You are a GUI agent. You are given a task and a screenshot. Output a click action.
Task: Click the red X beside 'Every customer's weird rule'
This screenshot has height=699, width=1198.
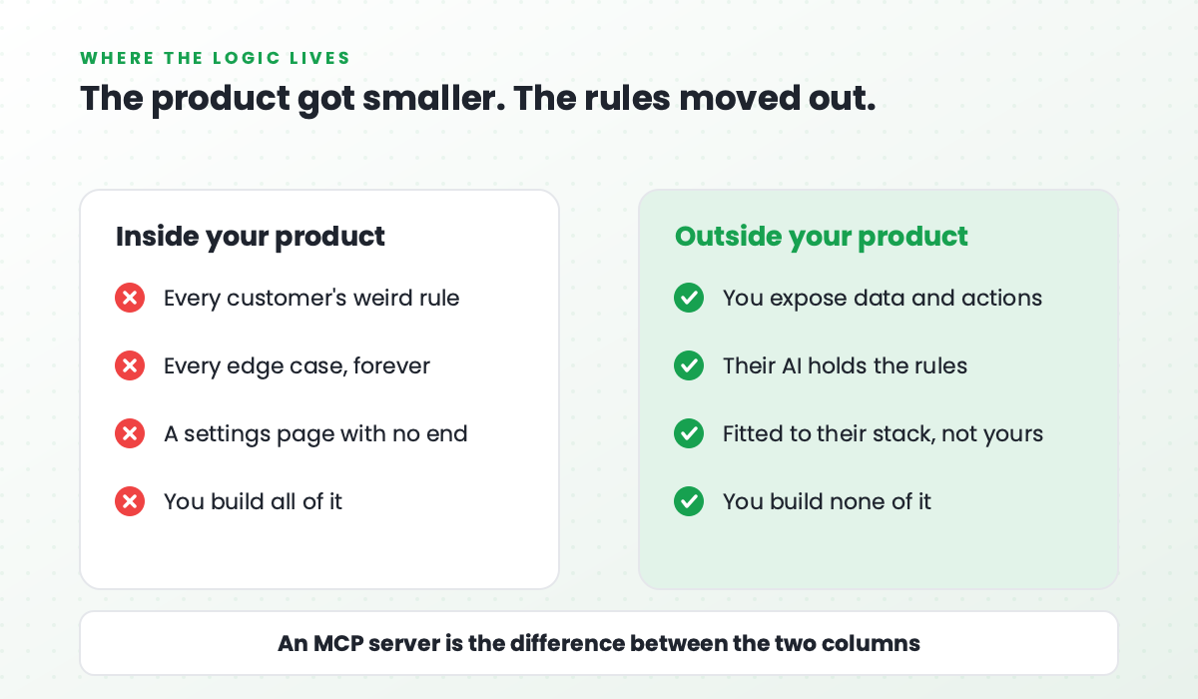pyautogui.click(x=130, y=298)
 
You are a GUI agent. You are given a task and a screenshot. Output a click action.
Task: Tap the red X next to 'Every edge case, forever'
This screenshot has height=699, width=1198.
pyautogui.click(x=130, y=365)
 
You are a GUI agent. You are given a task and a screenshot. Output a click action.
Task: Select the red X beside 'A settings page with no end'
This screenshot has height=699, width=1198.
pyautogui.click(x=130, y=433)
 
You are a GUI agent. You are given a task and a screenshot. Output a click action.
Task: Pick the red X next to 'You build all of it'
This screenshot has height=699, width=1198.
pyautogui.click(x=130, y=501)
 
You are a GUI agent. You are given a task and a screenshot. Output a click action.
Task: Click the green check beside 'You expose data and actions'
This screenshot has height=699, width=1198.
pyautogui.click(x=689, y=298)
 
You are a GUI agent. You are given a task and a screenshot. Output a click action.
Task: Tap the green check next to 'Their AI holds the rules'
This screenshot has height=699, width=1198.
pyautogui.click(x=689, y=365)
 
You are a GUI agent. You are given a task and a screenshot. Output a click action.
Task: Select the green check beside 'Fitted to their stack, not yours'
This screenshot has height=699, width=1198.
pyautogui.click(x=689, y=433)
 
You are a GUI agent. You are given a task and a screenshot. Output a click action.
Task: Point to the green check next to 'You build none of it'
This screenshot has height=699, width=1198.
pyautogui.click(x=689, y=501)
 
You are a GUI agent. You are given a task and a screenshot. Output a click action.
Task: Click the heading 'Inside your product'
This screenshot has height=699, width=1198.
pyautogui.click(x=251, y=237)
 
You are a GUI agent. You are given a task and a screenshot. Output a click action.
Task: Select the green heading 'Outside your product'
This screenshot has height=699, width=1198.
pyautogui.click(x=822, y=237)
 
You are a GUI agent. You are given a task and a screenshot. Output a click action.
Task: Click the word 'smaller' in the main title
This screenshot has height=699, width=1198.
pyautogui.click(x=431, y=99)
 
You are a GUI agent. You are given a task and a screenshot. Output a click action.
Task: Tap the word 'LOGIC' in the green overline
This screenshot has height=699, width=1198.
pyautogui.click(x=247, y=58)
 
